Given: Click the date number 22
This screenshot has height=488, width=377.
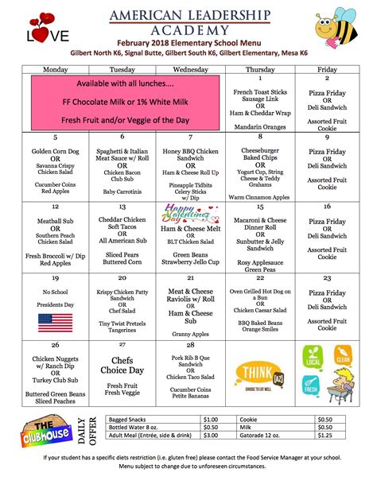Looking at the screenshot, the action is (x=260, y=278).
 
